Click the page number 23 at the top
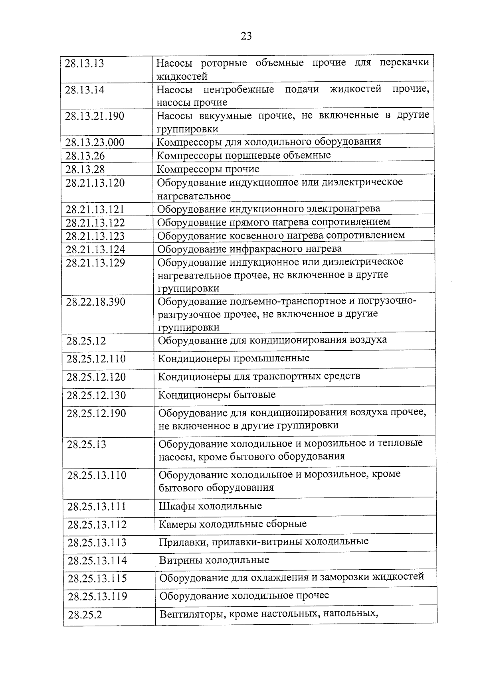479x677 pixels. [x=246, y=36]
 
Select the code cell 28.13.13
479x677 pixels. [x=84, y=63]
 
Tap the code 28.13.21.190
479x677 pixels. [x=95, y=116]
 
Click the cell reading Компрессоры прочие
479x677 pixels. [x=208, y=169]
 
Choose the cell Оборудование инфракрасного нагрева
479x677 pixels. [x=249, y=249]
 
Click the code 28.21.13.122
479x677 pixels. [x=95, y=223]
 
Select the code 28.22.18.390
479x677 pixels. [x=96, y=302]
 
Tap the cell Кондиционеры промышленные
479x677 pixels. [x=234, y=358]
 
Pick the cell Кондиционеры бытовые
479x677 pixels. [x=217, y=395]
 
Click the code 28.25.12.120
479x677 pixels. [x=96, y=377]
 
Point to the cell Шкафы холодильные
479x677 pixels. [x=210, y=506]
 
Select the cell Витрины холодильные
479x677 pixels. [x=214, y=560]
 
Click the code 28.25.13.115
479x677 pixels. [x=97, y=578]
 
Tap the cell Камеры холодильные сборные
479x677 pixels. [x=233, y=524]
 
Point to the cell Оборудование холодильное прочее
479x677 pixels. [x=244, y=596]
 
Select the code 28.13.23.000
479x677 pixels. [x=95, y=142]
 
